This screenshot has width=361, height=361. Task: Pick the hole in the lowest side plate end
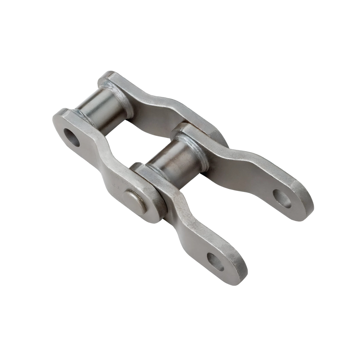216,262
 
